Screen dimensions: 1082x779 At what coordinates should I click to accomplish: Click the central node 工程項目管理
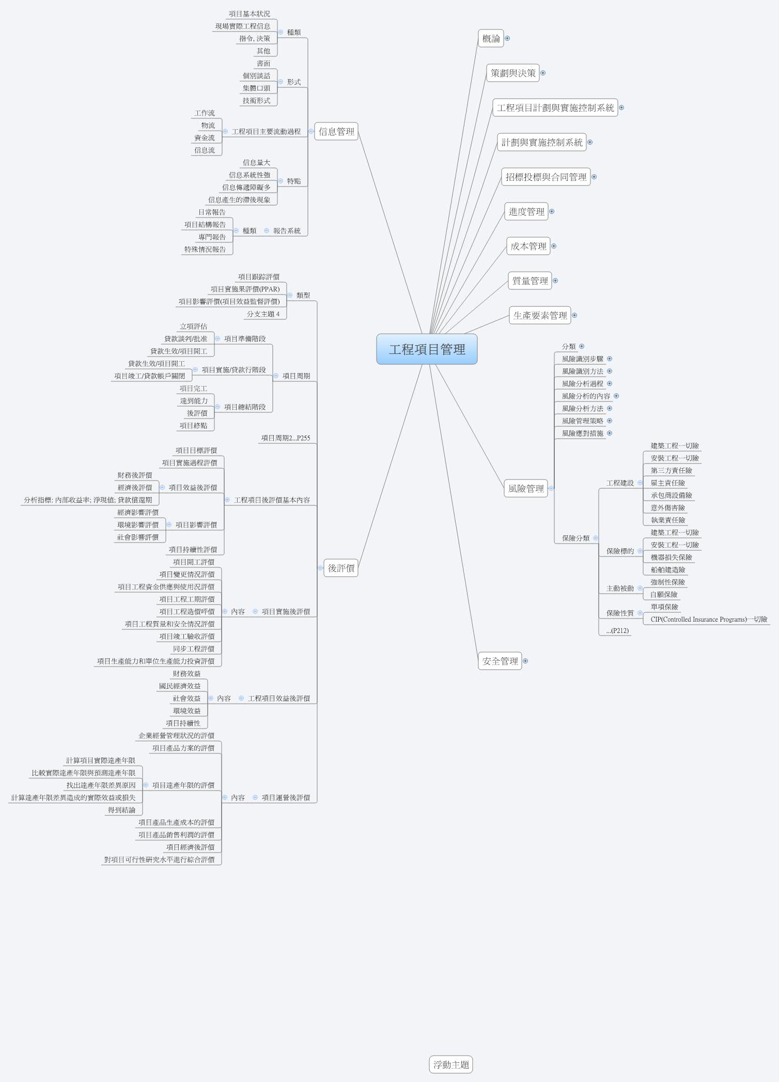point(427,349)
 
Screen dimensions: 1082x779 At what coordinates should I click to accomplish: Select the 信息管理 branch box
point(336,131)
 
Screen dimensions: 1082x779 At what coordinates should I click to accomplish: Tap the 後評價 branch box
point(341,568)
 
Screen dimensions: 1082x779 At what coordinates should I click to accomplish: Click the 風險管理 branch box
point(525,488)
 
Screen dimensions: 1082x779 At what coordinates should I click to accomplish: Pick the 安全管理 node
point(500,661)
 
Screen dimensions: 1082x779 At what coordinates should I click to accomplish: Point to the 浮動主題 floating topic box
point(451,1064)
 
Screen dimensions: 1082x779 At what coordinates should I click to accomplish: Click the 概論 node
point(491,38)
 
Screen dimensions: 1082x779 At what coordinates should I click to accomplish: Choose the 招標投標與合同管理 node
point(546,177)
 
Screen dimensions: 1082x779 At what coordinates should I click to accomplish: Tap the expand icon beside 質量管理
point(555,281)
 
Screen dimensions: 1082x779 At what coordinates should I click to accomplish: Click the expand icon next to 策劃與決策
point(543,73)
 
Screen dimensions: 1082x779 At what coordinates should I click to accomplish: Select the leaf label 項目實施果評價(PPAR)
point(245,289)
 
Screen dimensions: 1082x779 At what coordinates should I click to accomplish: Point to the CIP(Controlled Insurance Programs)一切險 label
point(709,620)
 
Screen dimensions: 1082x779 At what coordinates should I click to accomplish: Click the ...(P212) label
point(617,630)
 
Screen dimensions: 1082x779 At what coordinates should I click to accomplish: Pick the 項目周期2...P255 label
point(285,438)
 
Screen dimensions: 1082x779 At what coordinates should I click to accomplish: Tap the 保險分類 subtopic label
point(575,538)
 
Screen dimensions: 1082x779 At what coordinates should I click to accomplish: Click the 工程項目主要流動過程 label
point(266,132)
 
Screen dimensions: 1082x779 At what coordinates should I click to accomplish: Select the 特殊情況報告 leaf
point(205,250)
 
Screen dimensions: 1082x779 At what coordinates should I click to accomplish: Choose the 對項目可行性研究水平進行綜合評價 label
point(159,860)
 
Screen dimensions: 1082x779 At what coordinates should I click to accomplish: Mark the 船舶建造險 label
point(667,570)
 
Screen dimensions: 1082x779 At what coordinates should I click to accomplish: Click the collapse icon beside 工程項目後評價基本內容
point(227,500)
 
